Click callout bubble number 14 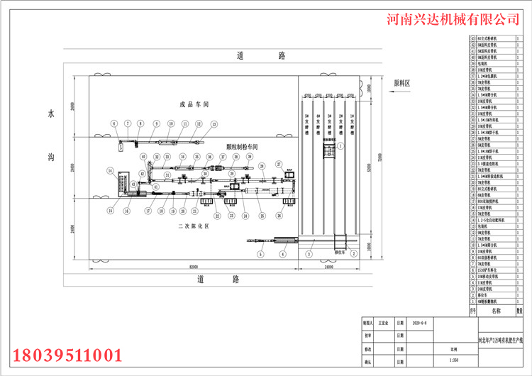(x=110, y=170)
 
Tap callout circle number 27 (x=279, y=164)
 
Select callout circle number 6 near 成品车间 (x=114, y=123)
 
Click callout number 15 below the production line (x=110, y=211)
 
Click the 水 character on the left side (x=50, y=114)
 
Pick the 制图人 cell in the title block (x=366, y=321)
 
